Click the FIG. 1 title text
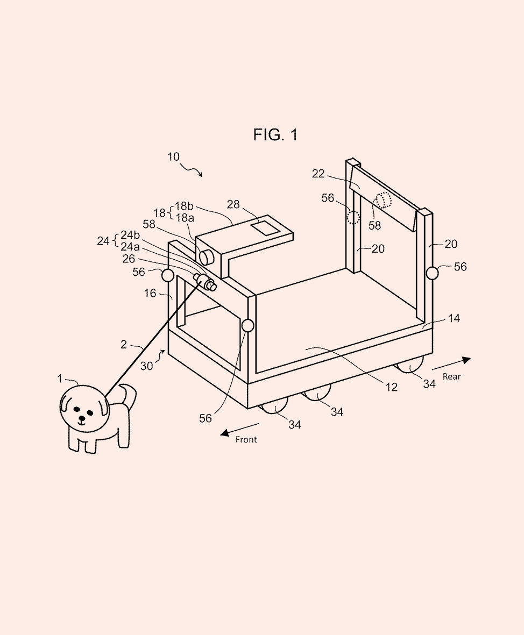[275, 134]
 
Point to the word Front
[246, 440]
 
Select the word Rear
[451, 376]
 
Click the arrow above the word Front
[236, 430]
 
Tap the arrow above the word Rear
[451, 363]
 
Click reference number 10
[173, 157]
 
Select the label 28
[233, 204]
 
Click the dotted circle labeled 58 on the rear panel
[384, 200]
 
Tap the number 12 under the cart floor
[391, 387]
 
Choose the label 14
[454, 318]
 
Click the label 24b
[130, 234]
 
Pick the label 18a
[183, 218]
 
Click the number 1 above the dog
[60, 379]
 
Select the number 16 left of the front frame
[150, 293]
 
